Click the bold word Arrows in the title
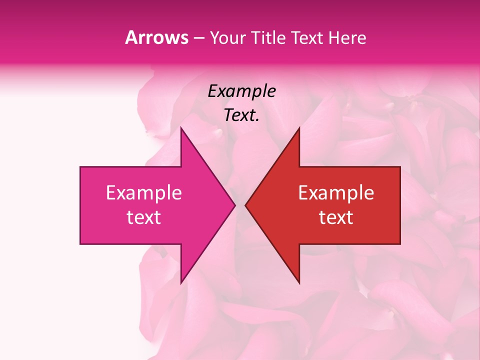(x=156, y=37)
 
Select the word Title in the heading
(x=268, y=37)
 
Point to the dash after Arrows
(x=198, y=38)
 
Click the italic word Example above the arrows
(x=242, y=91)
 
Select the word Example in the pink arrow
(x=144, y=193)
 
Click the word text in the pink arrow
(x=144, y=217)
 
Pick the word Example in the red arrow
(x=336, y=193)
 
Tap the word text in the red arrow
(x=336, y=217)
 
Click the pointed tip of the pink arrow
(x=234, y=205)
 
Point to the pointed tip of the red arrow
(x=245, y=205)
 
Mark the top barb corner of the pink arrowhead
(x=181, y=127)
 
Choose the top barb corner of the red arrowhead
(x=299, y=127)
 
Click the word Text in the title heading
(x=307, y=37)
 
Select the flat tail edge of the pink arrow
(x=80, y=205)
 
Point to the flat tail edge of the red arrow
(x=400, y=205)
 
